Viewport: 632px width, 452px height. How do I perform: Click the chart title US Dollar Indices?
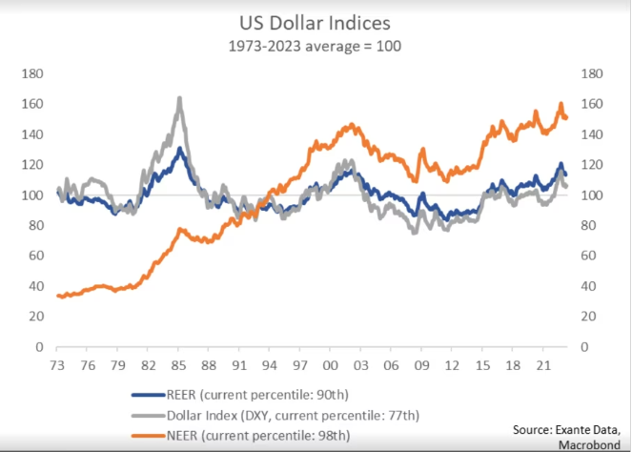tap(315, 20)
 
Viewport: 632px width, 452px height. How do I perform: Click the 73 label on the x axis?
tap(58, 365)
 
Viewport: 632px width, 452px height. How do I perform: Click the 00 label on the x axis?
tap(332, 365)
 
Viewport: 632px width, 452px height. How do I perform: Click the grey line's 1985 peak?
tap(179, 98)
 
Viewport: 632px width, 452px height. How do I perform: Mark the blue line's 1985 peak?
tap(180, 148)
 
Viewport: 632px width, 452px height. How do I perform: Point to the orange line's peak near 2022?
tap(561, 103)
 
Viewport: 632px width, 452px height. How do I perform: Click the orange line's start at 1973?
tap(59, 296)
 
